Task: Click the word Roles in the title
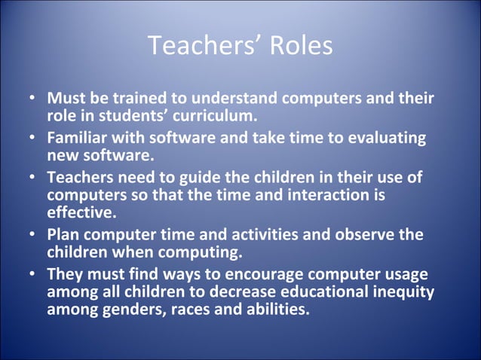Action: pos(299,47)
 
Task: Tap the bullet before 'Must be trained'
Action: pos(32,99)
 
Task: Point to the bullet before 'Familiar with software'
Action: pos(32,140)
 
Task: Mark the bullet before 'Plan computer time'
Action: pos(32,235)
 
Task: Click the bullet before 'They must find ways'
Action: pos(32,275)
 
